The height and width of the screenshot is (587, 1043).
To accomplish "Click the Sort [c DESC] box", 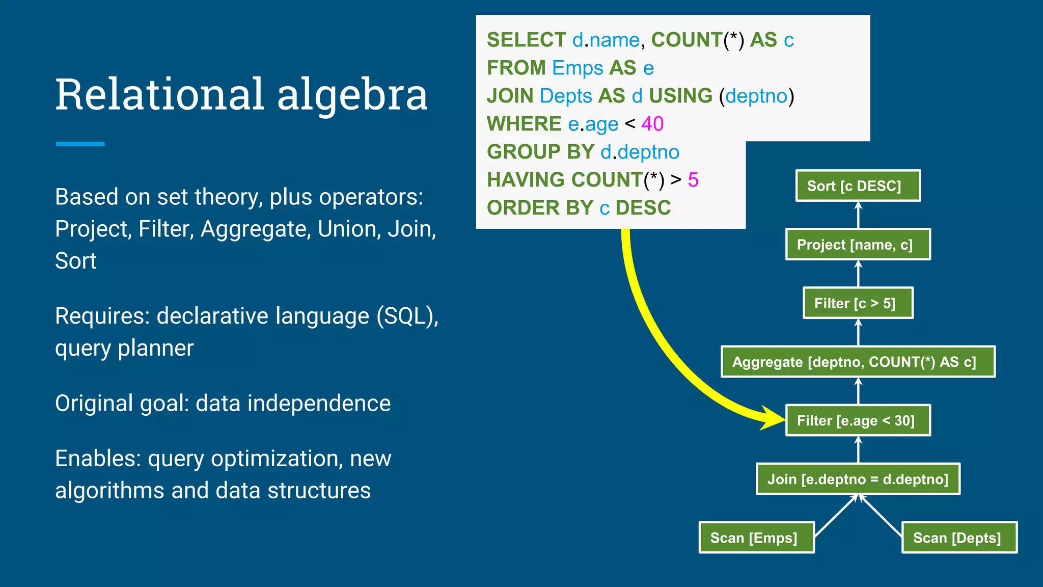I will (x=858, y=186).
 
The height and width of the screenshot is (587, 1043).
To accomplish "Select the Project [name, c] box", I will (x=858, y=245).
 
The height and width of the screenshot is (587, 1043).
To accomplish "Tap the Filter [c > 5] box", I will (x=858, y=303).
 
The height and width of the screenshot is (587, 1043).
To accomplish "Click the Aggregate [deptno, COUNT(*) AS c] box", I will (x=858, y=362).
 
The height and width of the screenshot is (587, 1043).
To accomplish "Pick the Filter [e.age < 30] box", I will (x=858, y=420).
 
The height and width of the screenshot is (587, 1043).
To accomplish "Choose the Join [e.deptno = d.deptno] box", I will (x=858, y=479).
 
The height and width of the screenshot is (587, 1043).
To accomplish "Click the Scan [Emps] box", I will (x=756, y=538).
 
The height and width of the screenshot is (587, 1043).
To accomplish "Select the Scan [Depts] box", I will (x=959, y=538).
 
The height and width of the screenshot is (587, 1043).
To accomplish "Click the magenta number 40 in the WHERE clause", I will (x=652, y=124).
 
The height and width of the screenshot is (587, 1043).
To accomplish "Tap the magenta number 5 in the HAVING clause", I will (x=693, y=180).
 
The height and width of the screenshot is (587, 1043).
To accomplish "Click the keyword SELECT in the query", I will (x=526, y=40).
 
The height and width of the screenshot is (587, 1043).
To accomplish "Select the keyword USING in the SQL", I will (x=680, y=96).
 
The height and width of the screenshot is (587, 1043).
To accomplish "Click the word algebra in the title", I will (x=352, y=95).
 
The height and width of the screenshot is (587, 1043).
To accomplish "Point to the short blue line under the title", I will (x=80, y=144).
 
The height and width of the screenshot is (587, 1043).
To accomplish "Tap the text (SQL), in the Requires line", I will (x=407, y=316).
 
